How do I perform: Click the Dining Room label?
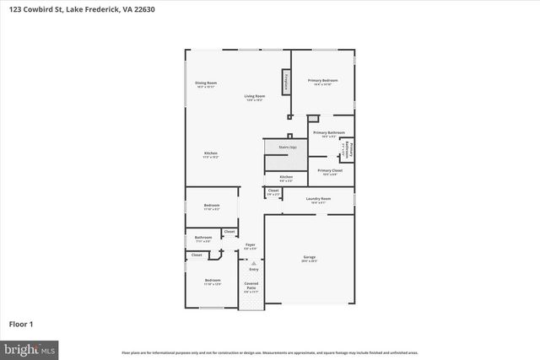[207, 83]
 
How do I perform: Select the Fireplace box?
[287, 83]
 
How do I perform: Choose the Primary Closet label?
[329, 171]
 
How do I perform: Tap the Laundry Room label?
[319, 199]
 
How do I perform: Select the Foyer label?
[251, 245]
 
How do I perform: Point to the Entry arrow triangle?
[251, 263]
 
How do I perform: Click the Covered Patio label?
[251, 287]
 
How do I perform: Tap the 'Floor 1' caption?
[22, 323]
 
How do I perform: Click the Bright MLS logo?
[30, 347]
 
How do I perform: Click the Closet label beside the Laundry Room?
[273, 191]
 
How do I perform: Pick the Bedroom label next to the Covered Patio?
[213, 281]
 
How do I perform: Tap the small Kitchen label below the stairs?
[286, 177]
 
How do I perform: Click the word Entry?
[253, 269]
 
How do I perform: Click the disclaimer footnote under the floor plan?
[269, 352]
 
